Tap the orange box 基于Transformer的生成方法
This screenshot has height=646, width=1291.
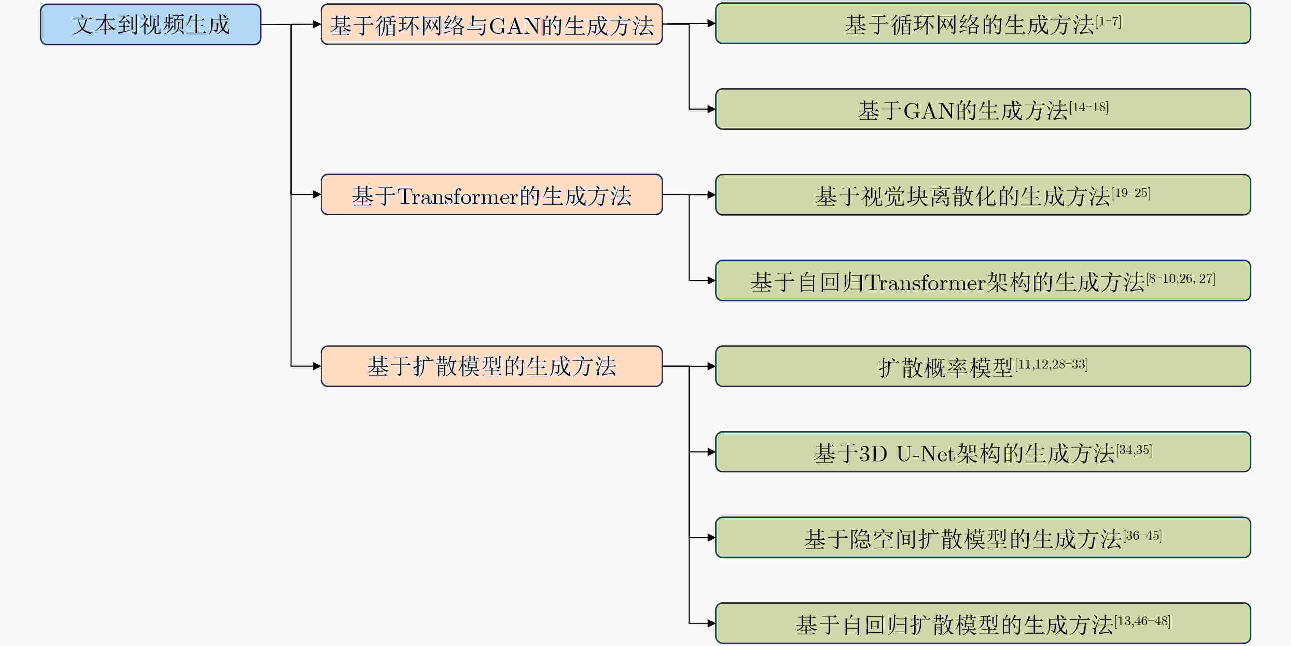[x=492, y=194]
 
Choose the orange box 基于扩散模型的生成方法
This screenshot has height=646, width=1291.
[x=492, y=366]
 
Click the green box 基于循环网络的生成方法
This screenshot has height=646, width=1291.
[x=983, y=24]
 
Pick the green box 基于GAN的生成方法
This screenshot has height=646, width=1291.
[x=983, y=109]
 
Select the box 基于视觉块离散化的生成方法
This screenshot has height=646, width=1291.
[x=983, y=194]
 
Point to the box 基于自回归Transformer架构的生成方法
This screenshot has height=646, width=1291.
[x=983, y=280]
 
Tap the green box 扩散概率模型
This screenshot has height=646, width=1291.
[x=983, y=366]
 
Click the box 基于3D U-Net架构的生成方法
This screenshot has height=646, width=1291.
[x=983, y=452]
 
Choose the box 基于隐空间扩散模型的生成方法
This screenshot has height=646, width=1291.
[x=983, y=537]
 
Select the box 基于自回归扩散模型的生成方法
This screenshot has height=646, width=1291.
[x=983, y=623]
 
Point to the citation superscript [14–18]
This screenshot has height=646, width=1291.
[x=1088, y=107]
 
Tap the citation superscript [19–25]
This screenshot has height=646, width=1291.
[x=1131, y=192]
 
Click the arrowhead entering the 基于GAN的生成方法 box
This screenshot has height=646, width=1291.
[x=711, y=109]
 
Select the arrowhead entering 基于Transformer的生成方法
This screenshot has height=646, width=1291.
[x=317, y=194]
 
